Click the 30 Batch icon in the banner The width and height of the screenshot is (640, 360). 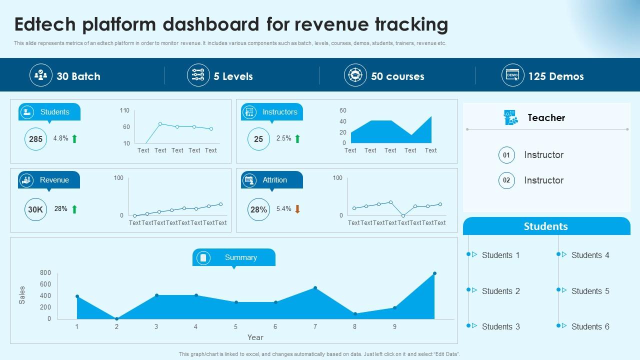pyautogui.click(x=40, y=75)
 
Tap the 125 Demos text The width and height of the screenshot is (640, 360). pyautogui.click(x=556, y=76)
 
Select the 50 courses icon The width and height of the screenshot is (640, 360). pyautogui.click(x=355, y=75)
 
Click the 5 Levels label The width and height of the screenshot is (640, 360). pyautogui.click(x=233, y=76)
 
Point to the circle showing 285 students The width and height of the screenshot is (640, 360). pyautogui.click(x=35, y=139)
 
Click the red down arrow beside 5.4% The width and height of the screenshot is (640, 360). pyautogui.click(x=297, y=209)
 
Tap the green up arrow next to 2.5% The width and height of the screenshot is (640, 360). pyautogui.click(x=297, y=138)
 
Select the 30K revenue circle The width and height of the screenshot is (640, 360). pyautogui.click(x=35, y=209)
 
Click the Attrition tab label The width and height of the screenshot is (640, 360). pyautogui.click(x=274, y=180)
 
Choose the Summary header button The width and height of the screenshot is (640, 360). pyautogui.click(x=234, y=257)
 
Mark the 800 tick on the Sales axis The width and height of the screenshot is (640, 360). pyautogui.click(x=45, y=272)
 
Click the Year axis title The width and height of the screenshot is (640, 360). pyautogui.click(x=255, y=337)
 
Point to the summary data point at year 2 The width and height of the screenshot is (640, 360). pyautogui.click(x=116, y=318)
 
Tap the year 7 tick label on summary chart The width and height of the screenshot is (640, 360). pyautogui.click(x=315, y=326)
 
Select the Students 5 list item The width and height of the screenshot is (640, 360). pyautogui.click(x=590, y=291)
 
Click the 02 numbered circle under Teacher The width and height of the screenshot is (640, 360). pyautogui.click(x=506, y=180)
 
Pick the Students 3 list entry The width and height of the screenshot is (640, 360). pyautogui.click(x=500, y=326)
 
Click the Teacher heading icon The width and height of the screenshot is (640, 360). pyautogui.click(x=510, y=117)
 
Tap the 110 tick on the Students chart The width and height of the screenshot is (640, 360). pyautogui.click(x=124, y=110)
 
